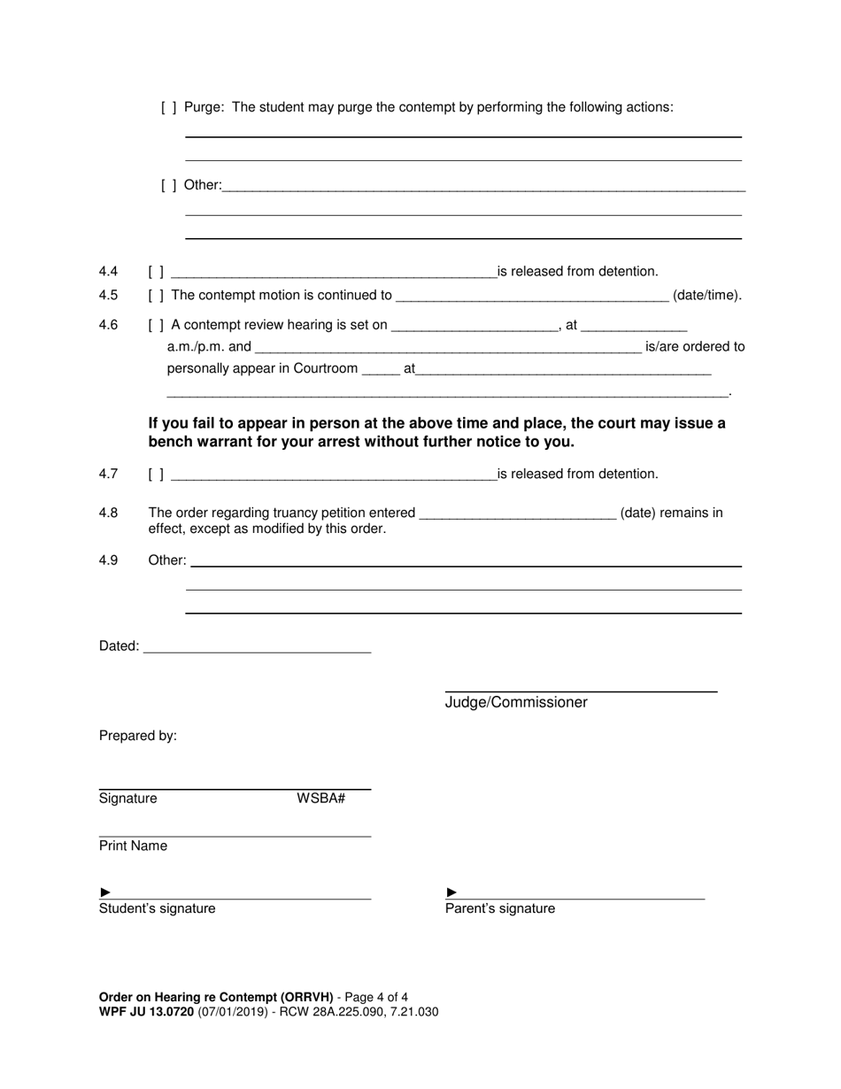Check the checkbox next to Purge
(168, 108)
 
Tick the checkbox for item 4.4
(156, 272)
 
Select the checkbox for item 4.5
(156, 296)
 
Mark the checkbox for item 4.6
(156, 325)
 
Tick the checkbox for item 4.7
(156, 475)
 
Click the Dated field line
(257, 647)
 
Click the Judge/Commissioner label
(516, 703)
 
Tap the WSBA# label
(320, 799)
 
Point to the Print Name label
(133, 846)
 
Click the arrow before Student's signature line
(105, 892)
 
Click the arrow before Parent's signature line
(451, 892)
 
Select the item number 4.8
(108, 513)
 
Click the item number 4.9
(108, 560)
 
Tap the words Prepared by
(137, 736)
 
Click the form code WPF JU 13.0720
(146, 1012)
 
